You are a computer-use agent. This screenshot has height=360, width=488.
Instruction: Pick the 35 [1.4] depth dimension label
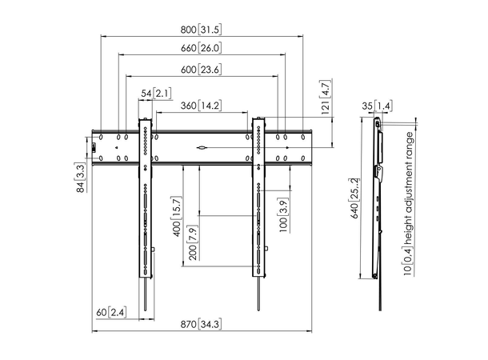point(380,105)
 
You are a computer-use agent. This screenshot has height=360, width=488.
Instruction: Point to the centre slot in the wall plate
point(202,147)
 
